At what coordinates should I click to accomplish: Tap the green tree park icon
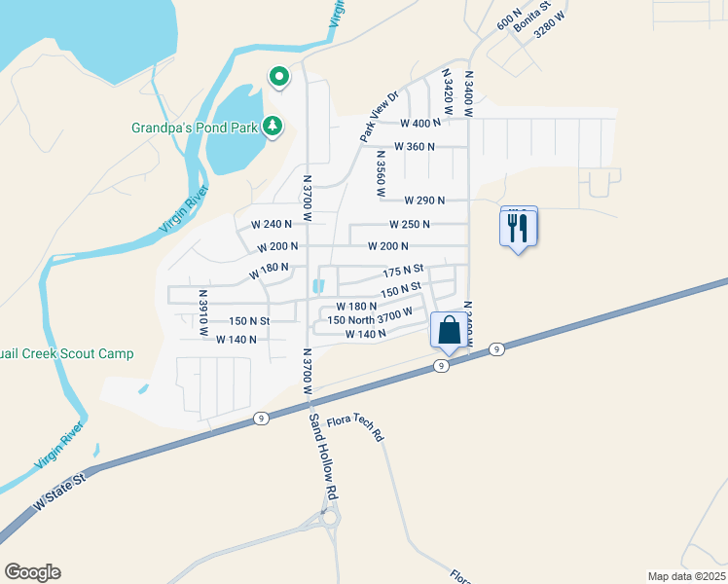[x=273, y=126]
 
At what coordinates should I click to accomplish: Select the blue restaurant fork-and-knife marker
[x=518, y=229]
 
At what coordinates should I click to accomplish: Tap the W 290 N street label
[x=424, y=201]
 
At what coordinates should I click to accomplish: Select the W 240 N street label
[x=271, y=224]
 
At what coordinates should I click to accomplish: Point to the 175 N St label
[x=403, y=270]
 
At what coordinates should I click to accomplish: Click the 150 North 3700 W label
[x=370, y=319]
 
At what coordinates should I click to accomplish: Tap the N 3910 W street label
[x=203, y=312]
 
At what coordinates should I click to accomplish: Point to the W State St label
[x=59, y=491]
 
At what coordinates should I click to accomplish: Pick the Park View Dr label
[x=380, y=117]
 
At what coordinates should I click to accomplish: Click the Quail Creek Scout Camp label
[x=67, y=354]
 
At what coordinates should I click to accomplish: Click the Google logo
[x=32, y=572]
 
